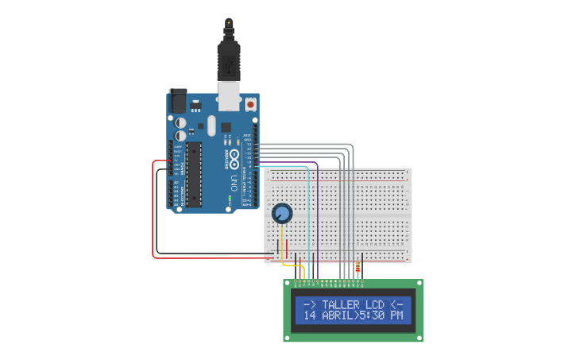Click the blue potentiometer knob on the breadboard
tap(282, 213)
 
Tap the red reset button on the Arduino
tap(250, 104)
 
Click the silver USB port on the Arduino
tap(229, 98)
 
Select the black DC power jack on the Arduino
tap(178, 100)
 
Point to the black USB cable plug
tap(229, 60)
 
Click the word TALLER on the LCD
tap(341, 304)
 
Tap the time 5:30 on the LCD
tap(373, 315)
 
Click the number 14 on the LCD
tap(310, 315)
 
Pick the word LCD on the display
tap(375, 304)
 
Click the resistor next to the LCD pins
tap(358, 268)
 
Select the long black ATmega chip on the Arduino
tap(194, 173)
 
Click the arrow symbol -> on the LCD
tap(310, 304)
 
